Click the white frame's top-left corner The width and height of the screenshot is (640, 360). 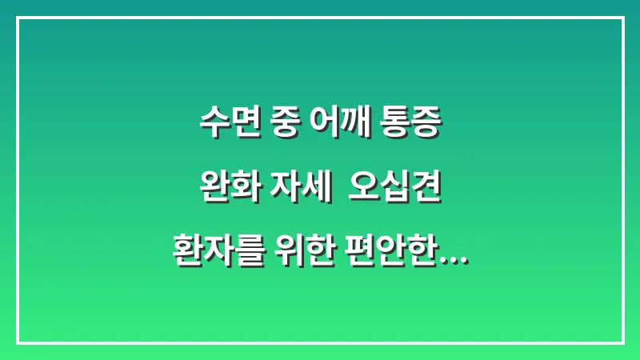click(18, 18)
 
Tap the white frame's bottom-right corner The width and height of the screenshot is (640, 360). click(622, 342)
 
